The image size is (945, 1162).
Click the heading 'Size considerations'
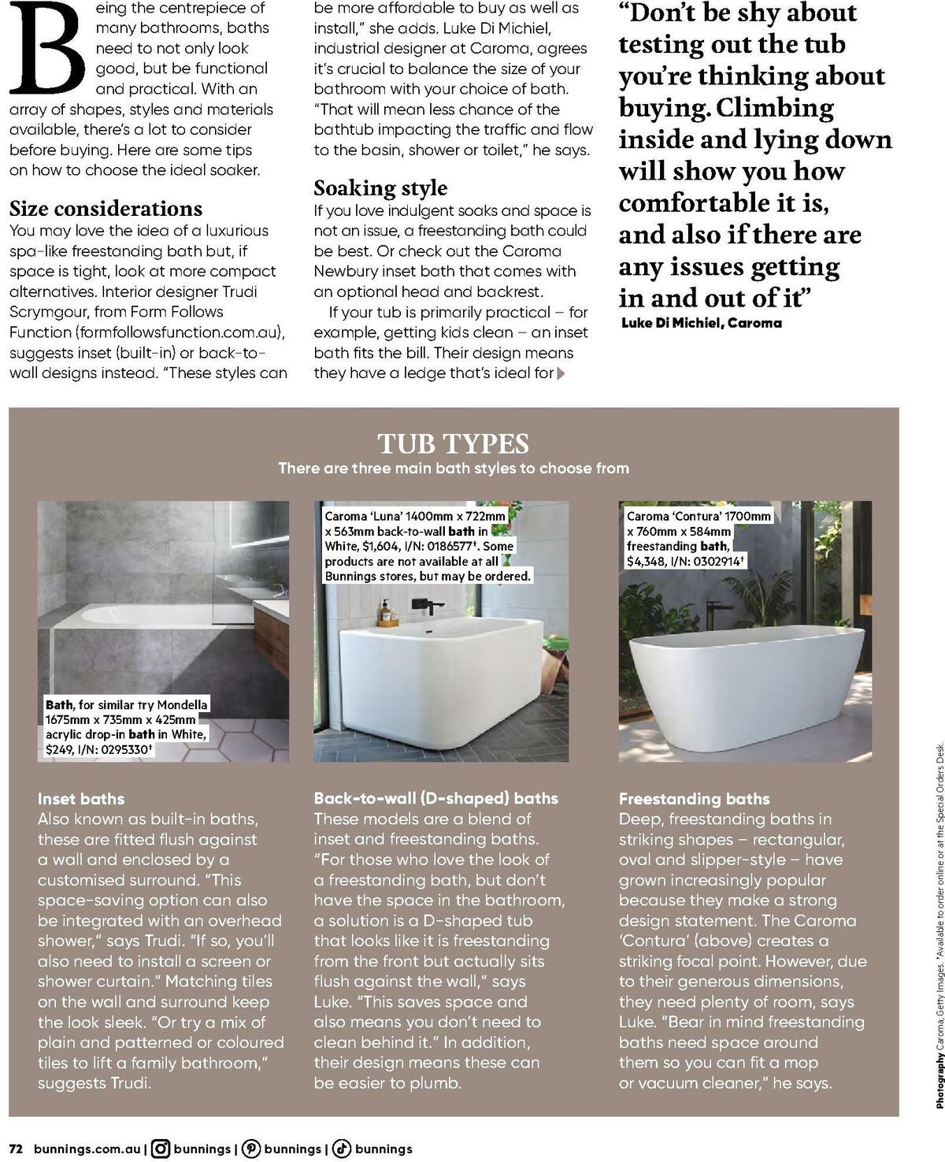tap(106, 209)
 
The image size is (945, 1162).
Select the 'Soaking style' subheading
tap(380, 187)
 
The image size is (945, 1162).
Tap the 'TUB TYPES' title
tap(453, 444)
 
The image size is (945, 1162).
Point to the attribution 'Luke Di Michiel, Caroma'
tap(701, 323)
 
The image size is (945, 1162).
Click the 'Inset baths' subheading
tap(81, 799)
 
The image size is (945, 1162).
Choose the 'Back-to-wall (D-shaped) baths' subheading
tap(435, 798)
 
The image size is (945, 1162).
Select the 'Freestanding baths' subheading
tap(694, 799)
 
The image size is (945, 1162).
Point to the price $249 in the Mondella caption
tap(60, 749)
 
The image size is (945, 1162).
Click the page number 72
tap(17, 1149)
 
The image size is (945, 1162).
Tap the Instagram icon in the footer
tap(161, 1149)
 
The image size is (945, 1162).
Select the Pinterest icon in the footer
tap(251, 1149)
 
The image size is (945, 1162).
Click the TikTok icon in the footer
tap(342, 1149)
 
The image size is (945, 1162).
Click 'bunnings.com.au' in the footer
tap(87, 1149)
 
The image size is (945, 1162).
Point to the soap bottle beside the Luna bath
tap(385, 612)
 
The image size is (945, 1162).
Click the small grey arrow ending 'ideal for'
tap(561, 373)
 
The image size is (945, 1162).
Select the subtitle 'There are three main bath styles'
tap(453, 468)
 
